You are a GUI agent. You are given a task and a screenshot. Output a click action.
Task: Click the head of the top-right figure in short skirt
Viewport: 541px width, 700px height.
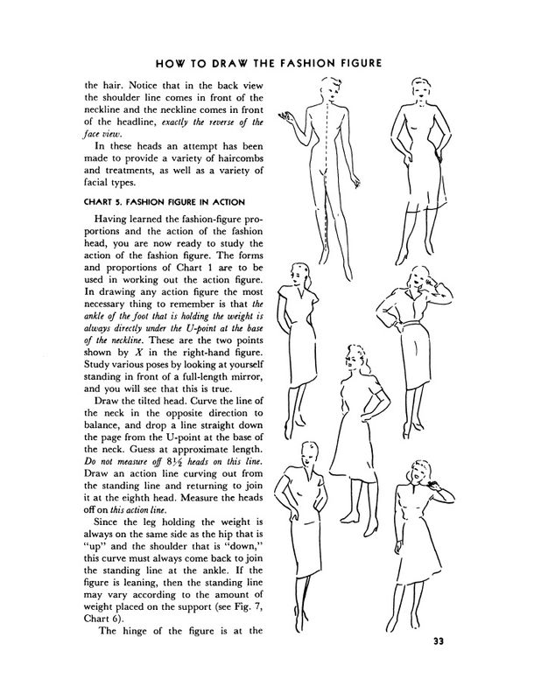coord(415,90)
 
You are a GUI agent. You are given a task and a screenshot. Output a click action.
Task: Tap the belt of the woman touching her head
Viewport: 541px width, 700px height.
coord(405,330)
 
